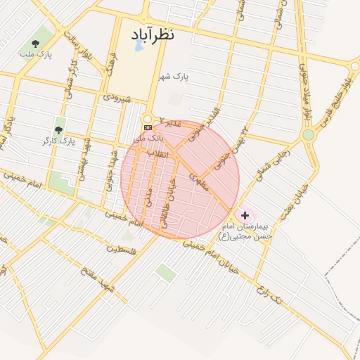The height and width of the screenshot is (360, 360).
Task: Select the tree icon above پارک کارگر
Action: point(59,130)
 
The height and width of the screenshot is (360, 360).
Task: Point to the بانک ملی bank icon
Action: point(148,127)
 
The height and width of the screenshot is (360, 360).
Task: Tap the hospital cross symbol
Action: point(245,214)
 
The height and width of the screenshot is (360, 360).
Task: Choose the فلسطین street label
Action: point(120,248)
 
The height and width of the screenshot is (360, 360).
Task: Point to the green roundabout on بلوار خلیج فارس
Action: point(308,134)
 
